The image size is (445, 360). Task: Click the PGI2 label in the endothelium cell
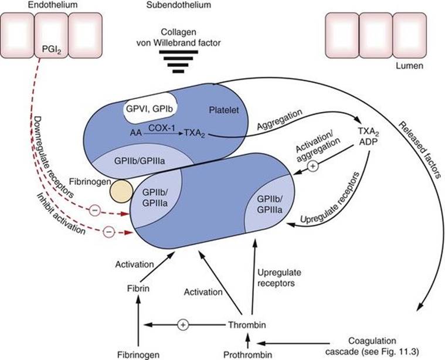[x=52, y=51]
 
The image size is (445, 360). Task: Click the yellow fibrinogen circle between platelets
[x=123, y=192]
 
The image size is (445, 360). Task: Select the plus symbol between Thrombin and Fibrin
[x=182, y=324]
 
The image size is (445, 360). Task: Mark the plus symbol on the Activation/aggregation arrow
[x=313, y=167]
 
